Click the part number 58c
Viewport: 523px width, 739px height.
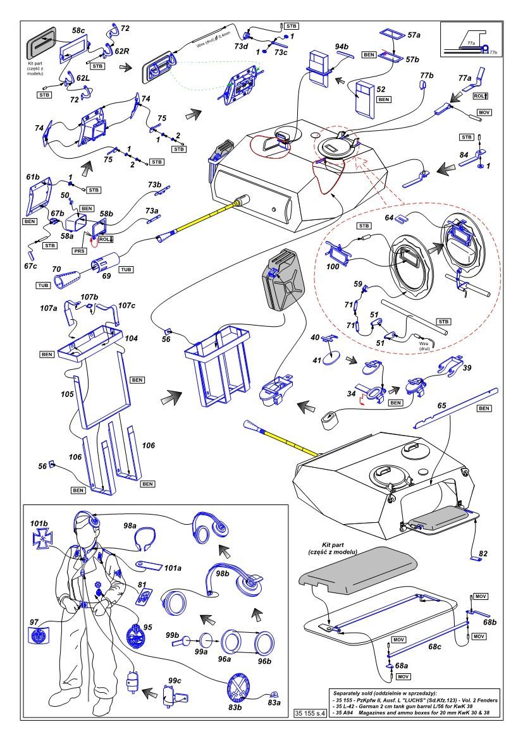(78, 30)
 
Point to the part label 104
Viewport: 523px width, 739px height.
(131, 339)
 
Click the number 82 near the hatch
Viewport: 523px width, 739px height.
(484, 553)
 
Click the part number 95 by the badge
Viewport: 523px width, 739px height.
(148, 628)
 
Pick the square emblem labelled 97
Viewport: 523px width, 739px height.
(42, 634)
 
